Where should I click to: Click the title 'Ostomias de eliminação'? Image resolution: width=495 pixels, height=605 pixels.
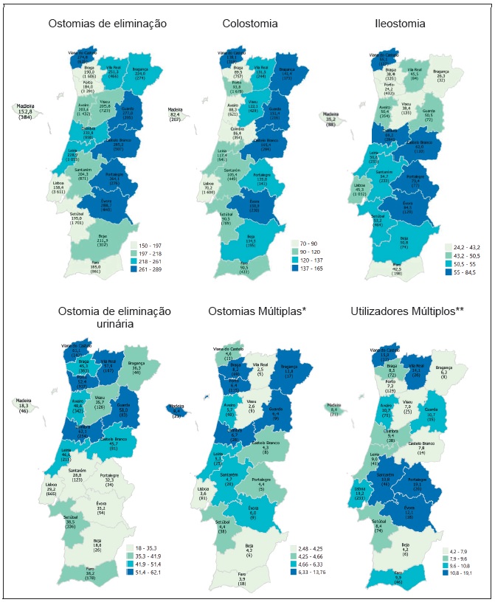tap(107, 24)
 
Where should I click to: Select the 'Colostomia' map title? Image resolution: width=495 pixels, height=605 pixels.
tap(250, 24)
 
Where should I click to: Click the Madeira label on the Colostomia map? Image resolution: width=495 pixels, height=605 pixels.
tap(176, 111)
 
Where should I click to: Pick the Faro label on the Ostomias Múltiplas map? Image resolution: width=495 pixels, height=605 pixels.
tap(242, 575)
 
